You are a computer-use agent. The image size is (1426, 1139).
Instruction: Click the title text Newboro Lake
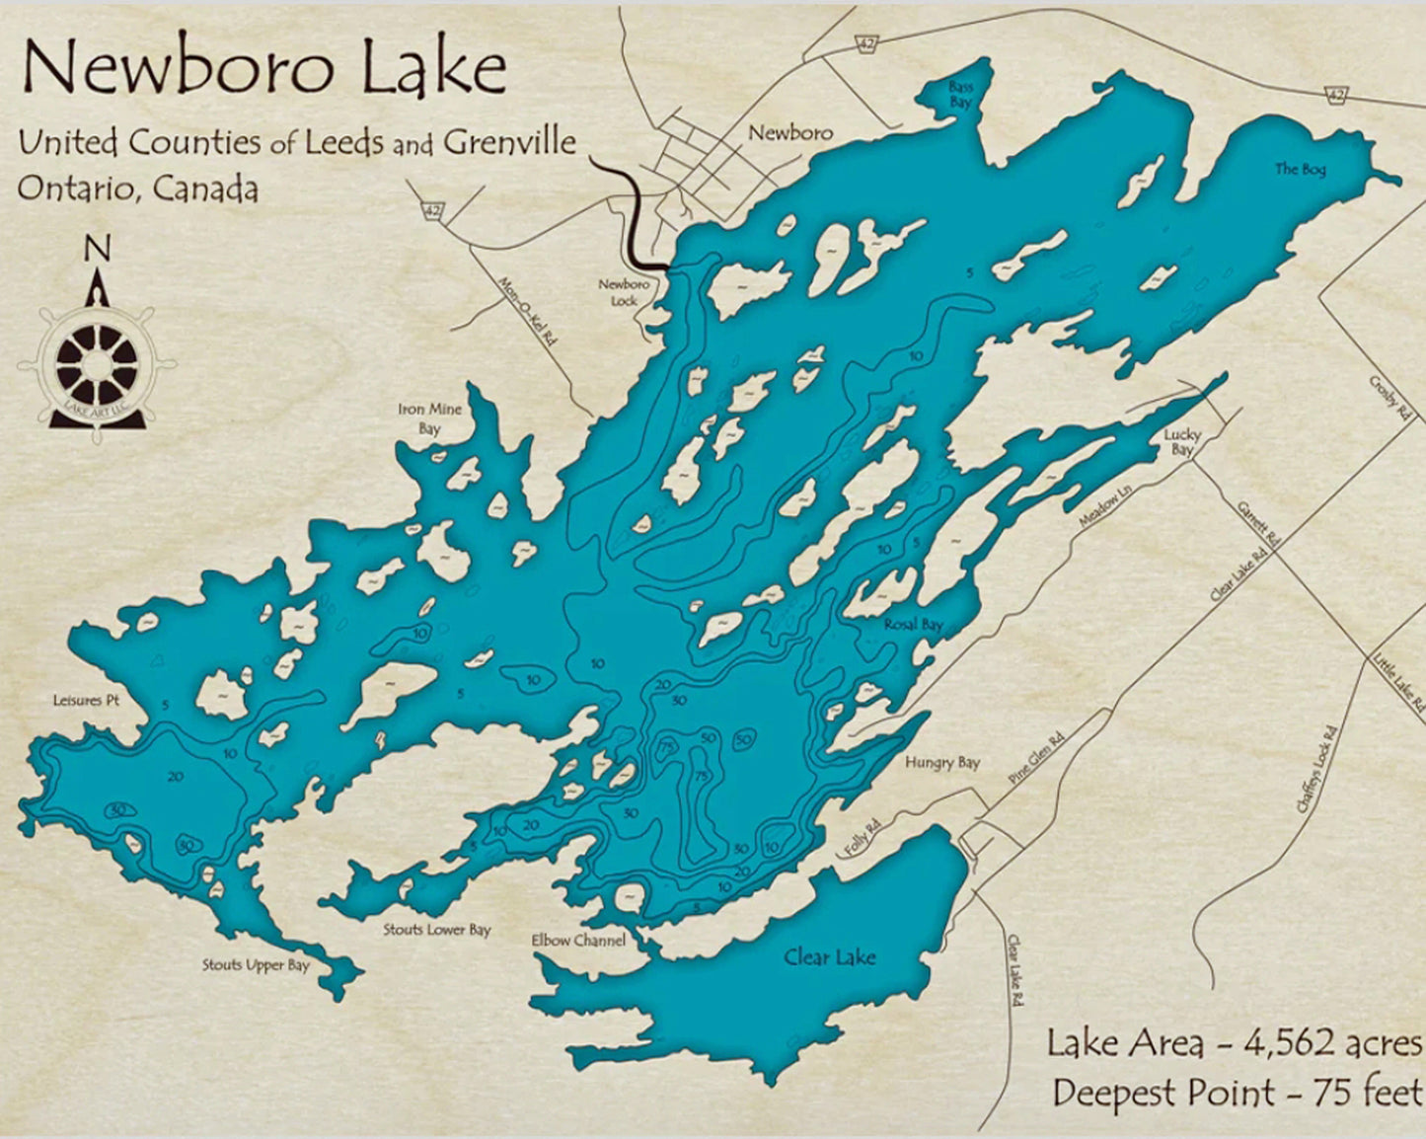tap(264, 69)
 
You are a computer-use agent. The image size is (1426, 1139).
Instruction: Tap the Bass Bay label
tap(960, 95)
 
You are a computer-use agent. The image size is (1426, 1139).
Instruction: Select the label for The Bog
tap(1300, 170)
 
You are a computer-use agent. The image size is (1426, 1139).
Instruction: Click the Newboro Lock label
tap(624, 292)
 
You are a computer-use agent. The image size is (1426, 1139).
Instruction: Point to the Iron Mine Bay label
tap(429, 418)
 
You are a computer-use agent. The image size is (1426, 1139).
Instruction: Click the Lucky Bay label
tap(1181, 442)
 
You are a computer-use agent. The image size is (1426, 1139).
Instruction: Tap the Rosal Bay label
tap(912, 625)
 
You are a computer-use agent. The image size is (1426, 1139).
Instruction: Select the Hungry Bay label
tap(942, 762)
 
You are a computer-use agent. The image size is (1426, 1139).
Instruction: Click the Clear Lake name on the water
tap(829, 956)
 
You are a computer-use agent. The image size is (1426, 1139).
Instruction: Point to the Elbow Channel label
tap(578, 941)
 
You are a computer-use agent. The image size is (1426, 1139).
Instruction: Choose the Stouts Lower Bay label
tap(437, 930)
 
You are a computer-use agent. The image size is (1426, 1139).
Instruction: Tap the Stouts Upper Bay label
tap(256, 965)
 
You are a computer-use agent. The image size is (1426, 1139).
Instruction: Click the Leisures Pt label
tap(86, 701)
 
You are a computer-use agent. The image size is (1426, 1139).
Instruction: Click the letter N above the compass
tap(97, 249)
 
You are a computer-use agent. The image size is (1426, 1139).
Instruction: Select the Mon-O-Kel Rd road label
tap(528, 309)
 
